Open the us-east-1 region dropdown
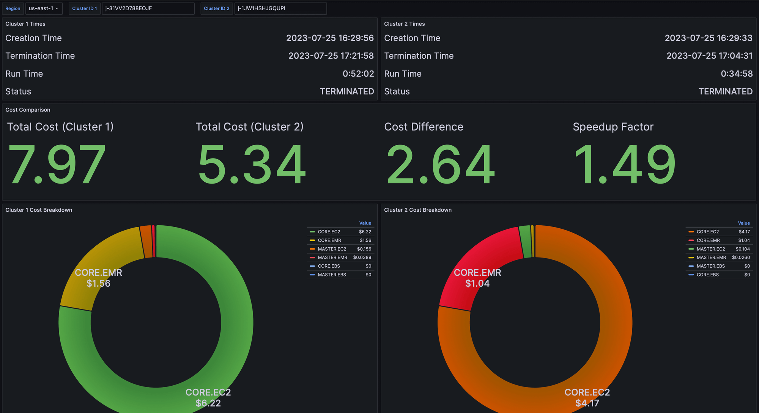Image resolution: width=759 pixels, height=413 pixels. pos(44,8)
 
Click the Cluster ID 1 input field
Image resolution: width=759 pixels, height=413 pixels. pos(148,8)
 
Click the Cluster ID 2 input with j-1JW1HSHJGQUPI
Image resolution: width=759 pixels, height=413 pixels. pos(280,8)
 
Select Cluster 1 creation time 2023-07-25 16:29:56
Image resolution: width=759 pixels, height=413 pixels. pos(329,38)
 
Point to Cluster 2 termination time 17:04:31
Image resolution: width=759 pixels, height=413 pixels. pos(709,56)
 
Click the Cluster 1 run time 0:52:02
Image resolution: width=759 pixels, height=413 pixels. pos(358,74)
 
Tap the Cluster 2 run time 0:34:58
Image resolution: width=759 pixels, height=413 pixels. pos(736,74)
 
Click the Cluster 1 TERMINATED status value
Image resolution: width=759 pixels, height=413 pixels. pos(346,91)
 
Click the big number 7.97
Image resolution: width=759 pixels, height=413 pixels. pos(57,165)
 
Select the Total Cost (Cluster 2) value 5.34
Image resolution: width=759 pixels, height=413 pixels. pos(252,165)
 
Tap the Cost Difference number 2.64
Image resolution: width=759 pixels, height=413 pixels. pos(440,165)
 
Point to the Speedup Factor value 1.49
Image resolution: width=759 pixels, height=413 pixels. pos(624,165)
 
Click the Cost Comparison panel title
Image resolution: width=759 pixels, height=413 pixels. pos(28,110)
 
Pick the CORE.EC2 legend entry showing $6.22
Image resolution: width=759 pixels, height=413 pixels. pos(329,232)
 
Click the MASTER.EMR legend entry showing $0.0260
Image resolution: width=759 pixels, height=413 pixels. pos(711,258)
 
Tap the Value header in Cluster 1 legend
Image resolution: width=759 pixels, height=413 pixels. pos(365,223)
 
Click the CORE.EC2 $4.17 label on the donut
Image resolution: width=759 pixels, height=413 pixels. pos(587,397)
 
